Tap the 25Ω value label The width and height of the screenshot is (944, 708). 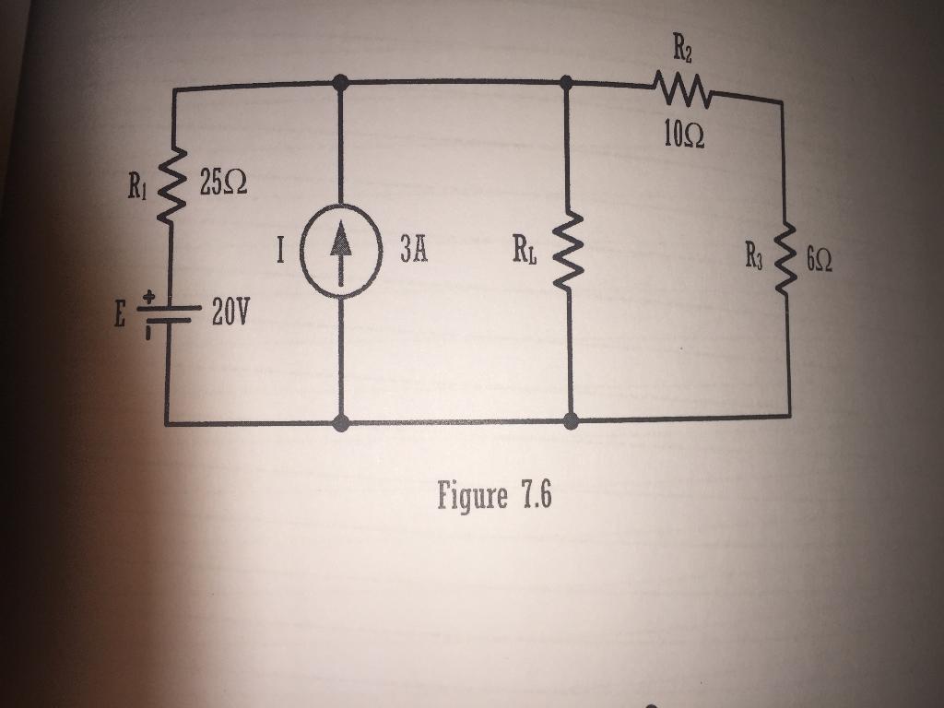pos(222,183)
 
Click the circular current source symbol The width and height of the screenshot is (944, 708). pos(341,251)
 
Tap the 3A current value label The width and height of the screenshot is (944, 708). pos(415,251)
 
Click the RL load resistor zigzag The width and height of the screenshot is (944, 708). pos(569,250)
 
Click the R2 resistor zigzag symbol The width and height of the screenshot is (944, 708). pos(682,89)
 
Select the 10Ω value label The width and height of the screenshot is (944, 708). pos(683,136)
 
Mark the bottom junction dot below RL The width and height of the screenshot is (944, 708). pos(571,421)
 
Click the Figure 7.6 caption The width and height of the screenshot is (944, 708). pos(494,497)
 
